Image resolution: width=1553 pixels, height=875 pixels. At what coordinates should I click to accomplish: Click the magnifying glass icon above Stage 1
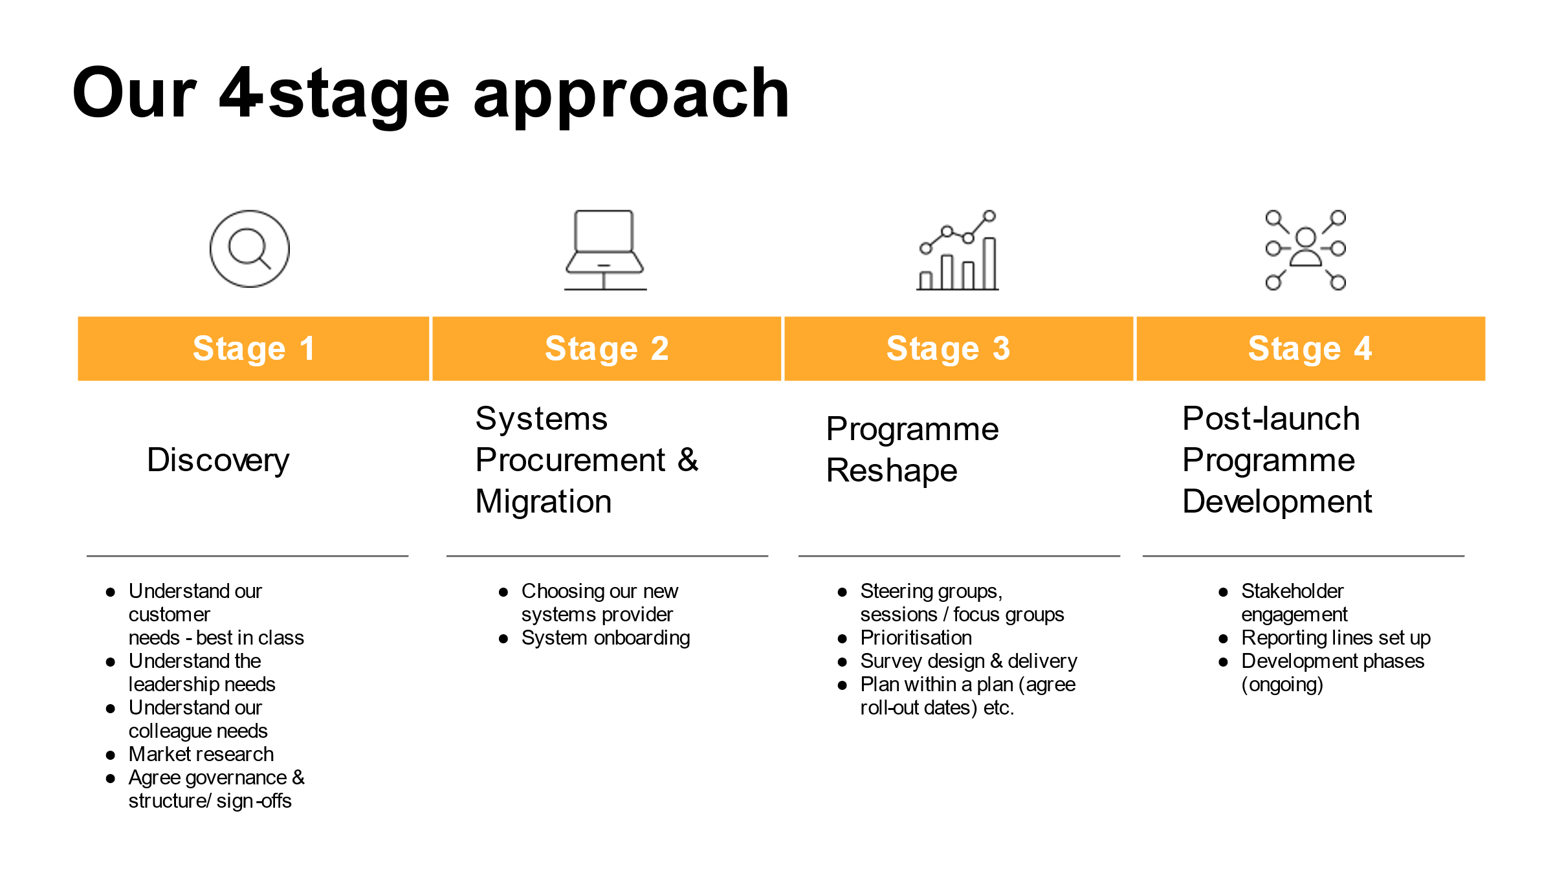point(250,249)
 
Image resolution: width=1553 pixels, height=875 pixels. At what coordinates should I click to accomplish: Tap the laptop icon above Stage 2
point(605,250)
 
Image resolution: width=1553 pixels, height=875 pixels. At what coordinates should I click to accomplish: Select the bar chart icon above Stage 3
point(958,250)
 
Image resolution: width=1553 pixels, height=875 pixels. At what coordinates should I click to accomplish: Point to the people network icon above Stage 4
point(1306,250)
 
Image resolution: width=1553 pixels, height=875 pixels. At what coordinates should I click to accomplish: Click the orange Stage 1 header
point(254,348)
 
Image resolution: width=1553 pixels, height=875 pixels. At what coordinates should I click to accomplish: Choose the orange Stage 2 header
point(607,348)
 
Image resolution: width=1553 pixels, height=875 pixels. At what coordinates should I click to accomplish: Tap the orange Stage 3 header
point(959,348)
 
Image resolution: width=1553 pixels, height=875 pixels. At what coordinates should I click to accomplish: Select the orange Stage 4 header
point(1311,348)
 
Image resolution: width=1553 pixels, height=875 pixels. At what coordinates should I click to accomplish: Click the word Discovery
point(218,461)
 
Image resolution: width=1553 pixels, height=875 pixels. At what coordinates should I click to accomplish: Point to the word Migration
point(544,502)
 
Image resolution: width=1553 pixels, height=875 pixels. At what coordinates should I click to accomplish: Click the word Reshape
point(892,471)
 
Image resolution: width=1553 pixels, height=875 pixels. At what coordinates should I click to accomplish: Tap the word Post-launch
point(1271,418)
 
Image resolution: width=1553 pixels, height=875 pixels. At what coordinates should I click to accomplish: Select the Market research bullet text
point(201,754)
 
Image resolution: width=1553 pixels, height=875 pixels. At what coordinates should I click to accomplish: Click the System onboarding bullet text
point(606,638)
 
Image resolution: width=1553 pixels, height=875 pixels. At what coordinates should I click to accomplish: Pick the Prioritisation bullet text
point(916,637)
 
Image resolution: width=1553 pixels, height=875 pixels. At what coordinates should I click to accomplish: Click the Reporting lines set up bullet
point(1336,638)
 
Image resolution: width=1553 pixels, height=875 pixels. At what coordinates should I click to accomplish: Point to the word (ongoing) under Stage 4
point(1282,685)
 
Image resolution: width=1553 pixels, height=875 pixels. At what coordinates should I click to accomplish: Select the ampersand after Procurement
point(688,460)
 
